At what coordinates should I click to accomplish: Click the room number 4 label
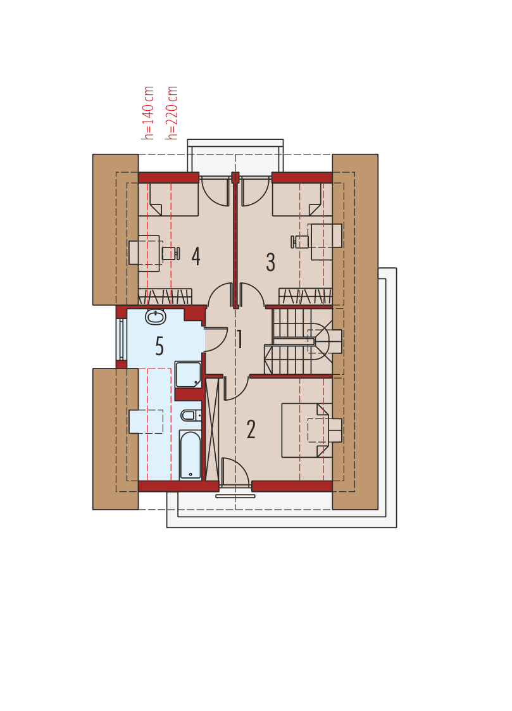pyautogui.click(x=196, y=256)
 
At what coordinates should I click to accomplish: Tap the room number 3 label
pyautogui.click(x=270, y=262)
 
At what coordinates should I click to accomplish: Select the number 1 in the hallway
pyautogui.click(x=240, y=340)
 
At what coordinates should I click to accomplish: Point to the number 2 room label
pyautogui.click(x=251, y=430)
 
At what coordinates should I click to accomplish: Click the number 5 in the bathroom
pyautogui.click(x=159, y=346)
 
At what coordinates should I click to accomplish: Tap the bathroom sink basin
pyautogui.click(x=155, y=317)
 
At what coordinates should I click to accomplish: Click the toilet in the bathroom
pyautogui.click(x=189, y=415)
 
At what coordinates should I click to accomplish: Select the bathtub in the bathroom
pyautogui.click(x=190, y=455)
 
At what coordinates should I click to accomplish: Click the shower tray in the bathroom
pyautogui.click(x=188, y=374)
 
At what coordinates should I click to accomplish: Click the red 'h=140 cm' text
pyautogui.click(x=148, y=113)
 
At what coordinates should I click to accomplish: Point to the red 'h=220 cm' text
pyautogui.click(x=172, y=113)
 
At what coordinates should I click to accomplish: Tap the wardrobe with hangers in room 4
pyautogui.click(x=165, y=296)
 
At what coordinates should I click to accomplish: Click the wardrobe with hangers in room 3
pyautogui.click(x=305, y=296)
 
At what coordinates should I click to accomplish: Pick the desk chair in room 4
pyautogui.click(x=170, y=253)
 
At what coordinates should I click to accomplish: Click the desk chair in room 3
pyautogui.click(x=301, y=242)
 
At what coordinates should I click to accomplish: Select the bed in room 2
pyautogui.click(x=306, y=430)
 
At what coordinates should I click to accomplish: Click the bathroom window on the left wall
pyautogui.click(x=121, y=339)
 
